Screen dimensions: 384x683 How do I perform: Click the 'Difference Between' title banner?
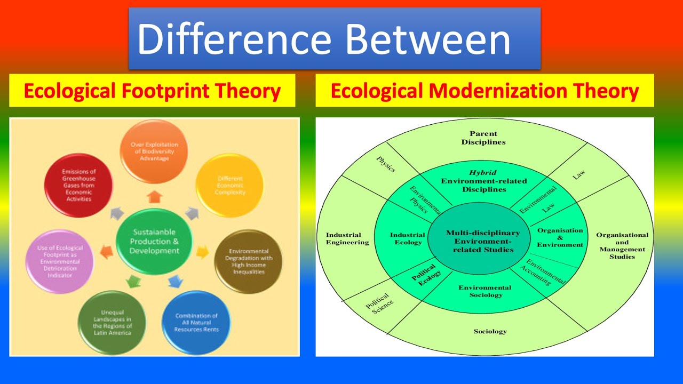point(335,39)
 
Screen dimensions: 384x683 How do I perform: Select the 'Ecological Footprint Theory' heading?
point(152,91)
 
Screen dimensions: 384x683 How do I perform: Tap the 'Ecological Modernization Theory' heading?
point(485,91)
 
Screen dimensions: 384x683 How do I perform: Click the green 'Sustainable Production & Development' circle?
point(154,242)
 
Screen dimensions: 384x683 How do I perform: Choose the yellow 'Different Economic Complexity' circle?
point(229,186)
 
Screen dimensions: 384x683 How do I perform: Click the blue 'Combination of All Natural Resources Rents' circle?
point(196,323)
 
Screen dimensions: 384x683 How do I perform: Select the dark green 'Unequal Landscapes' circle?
point(112,322)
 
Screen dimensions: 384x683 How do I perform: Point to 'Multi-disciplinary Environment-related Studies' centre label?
point(482,241)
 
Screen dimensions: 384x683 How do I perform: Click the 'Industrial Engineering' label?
point(347,238)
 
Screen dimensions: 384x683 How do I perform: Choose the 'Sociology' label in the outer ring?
point(490,331)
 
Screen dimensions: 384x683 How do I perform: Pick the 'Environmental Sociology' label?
point(485,291)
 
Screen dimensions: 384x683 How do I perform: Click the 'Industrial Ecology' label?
point(407,238)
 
